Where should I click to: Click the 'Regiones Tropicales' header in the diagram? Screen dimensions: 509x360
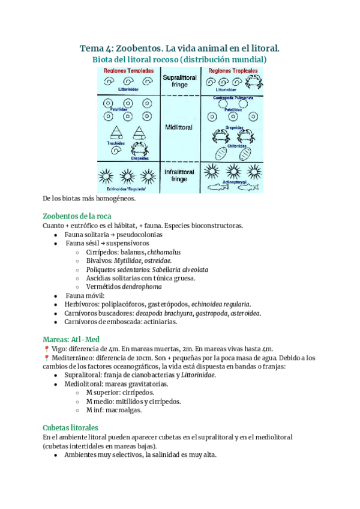[233, 71]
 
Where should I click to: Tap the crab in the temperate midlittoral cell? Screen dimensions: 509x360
[140, 150]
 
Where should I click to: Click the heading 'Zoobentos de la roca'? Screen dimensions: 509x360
[77, 216]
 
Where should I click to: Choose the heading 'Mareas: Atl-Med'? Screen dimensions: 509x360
[71, 339]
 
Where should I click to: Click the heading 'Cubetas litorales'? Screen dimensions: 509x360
[70, 428]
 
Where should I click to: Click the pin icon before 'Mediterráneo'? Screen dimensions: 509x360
[46, 358]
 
